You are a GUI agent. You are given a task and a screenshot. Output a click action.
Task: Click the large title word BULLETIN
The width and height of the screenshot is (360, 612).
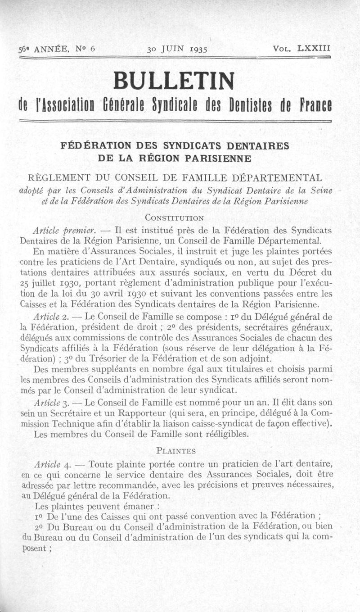point(174,81)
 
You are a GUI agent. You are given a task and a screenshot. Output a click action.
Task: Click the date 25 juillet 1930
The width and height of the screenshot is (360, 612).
point(47,284)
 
